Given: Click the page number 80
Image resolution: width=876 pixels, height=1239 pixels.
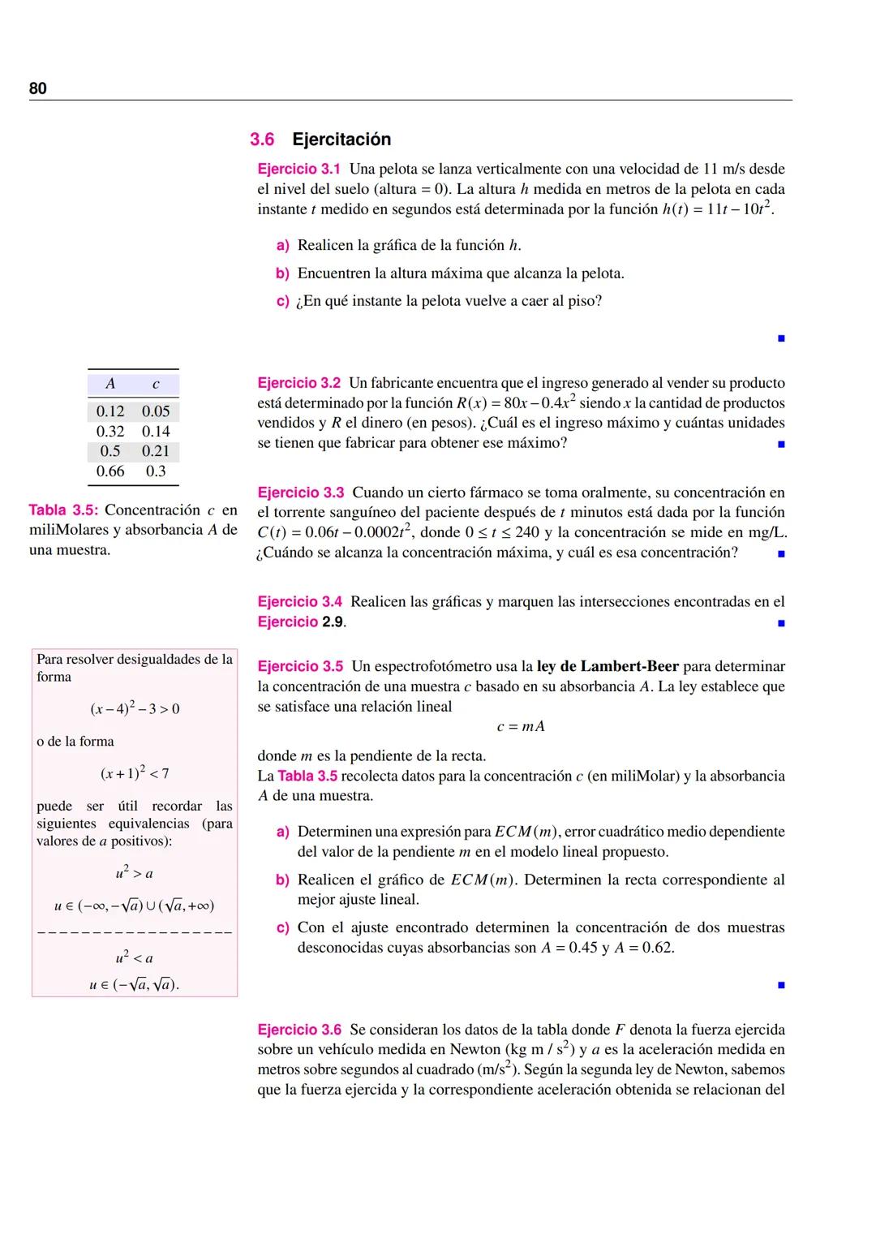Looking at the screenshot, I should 38,88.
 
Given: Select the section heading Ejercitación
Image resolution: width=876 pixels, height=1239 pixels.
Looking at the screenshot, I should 341,140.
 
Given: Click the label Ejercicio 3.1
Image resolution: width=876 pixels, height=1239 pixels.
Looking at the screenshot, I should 298,170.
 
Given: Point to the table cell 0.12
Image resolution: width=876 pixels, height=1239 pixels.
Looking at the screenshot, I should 110,411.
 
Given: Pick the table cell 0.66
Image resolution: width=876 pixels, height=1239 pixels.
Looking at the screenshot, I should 110,471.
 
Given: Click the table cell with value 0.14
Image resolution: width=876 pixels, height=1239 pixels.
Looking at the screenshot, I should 156,432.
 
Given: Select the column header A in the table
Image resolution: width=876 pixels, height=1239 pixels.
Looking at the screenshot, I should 110,384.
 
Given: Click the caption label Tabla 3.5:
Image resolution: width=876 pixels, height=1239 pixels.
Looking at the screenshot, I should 63,510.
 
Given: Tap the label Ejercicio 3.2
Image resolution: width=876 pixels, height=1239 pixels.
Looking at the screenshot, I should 298,383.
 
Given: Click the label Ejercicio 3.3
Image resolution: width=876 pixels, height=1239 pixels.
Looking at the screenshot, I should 300,493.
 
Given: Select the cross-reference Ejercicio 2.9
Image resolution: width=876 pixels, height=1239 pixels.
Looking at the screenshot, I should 302,622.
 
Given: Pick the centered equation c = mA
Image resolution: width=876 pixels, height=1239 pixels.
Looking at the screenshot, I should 521,726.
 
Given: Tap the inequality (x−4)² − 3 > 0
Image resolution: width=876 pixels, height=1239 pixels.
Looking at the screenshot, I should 135,709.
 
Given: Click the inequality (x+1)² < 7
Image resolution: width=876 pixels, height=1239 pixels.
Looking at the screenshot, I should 135,773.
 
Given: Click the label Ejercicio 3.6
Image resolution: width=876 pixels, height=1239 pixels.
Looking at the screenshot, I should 299,1030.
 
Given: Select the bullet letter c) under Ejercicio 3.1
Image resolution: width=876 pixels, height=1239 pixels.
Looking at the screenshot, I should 282,302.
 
